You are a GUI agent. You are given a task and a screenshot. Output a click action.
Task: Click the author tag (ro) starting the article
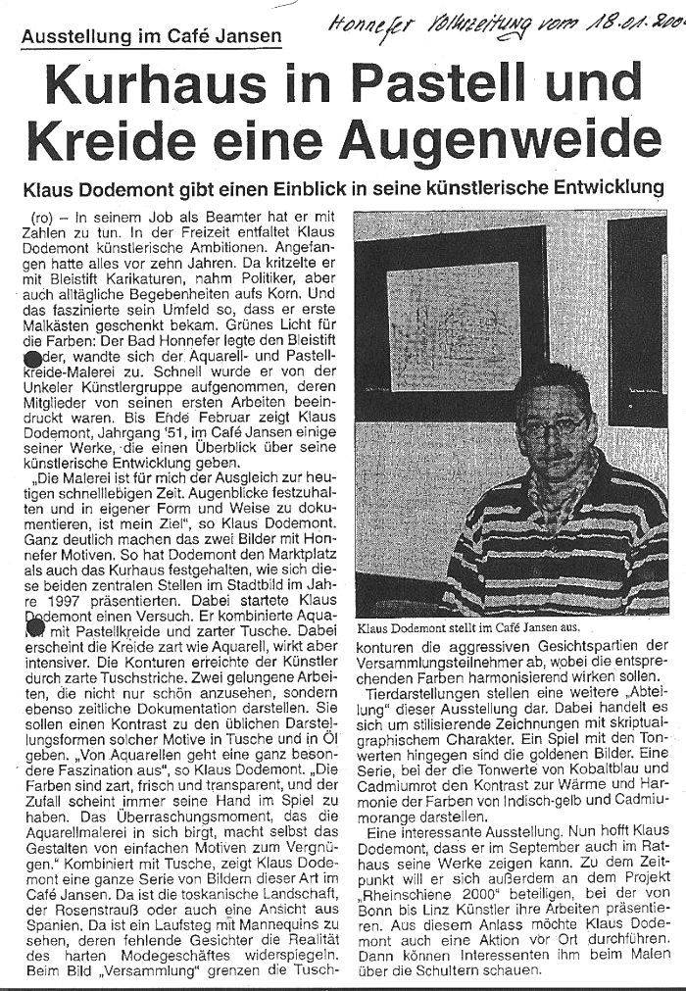click(x=42, y=214)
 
